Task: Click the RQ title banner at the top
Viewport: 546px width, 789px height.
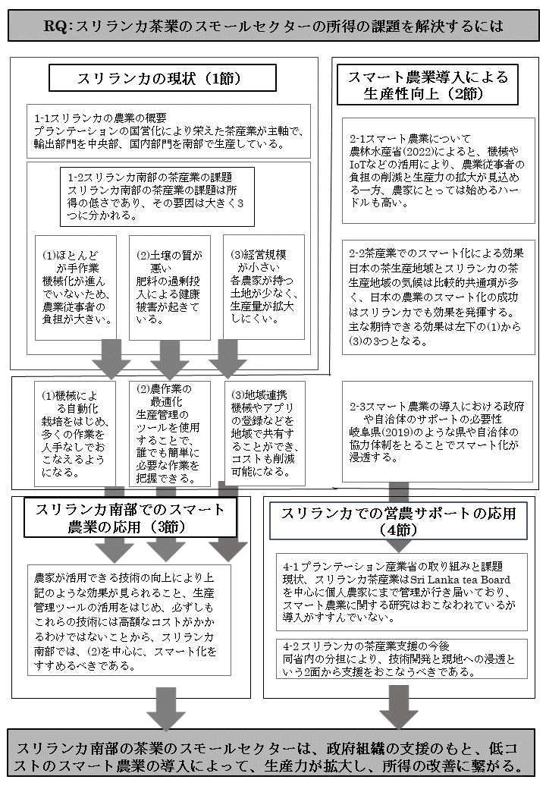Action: pos(273,26)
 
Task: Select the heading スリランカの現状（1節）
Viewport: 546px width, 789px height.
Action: pos(152,78)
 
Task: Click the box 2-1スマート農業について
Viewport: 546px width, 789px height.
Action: pos(436,171)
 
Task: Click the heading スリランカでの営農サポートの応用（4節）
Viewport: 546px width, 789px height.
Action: pos(397,520)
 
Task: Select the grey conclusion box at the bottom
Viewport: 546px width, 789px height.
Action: pos(273,753)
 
